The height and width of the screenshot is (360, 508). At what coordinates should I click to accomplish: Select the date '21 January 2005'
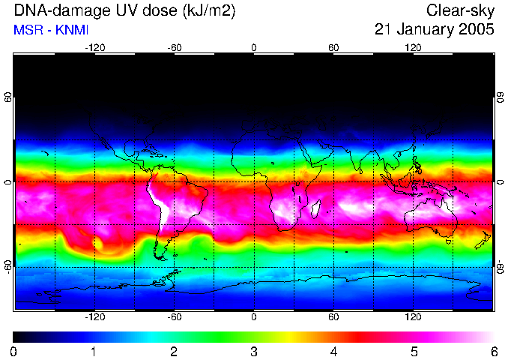click(435, 29)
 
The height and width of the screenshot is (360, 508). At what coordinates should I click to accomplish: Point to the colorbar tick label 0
click(13, 352)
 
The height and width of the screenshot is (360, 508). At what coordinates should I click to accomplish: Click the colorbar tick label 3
click(253, 352)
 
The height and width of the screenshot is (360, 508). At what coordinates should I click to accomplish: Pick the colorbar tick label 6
click(493, 352)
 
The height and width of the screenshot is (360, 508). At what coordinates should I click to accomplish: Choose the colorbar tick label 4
click(333, 352)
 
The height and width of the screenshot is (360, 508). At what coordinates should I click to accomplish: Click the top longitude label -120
click(94, 48)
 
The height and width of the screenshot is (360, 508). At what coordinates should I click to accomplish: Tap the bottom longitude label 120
click(414, 317)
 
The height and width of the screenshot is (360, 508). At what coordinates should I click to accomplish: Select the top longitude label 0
click(254, 48)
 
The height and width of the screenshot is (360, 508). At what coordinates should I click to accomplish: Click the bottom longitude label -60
click(174, 317)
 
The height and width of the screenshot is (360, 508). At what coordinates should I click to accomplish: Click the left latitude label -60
click(7, 267)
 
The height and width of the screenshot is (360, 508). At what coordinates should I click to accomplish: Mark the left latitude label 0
click(7, 182)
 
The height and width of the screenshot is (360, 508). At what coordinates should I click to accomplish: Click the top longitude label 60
click(333, 48)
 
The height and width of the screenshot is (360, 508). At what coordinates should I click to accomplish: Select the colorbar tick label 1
click(94, 352)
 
